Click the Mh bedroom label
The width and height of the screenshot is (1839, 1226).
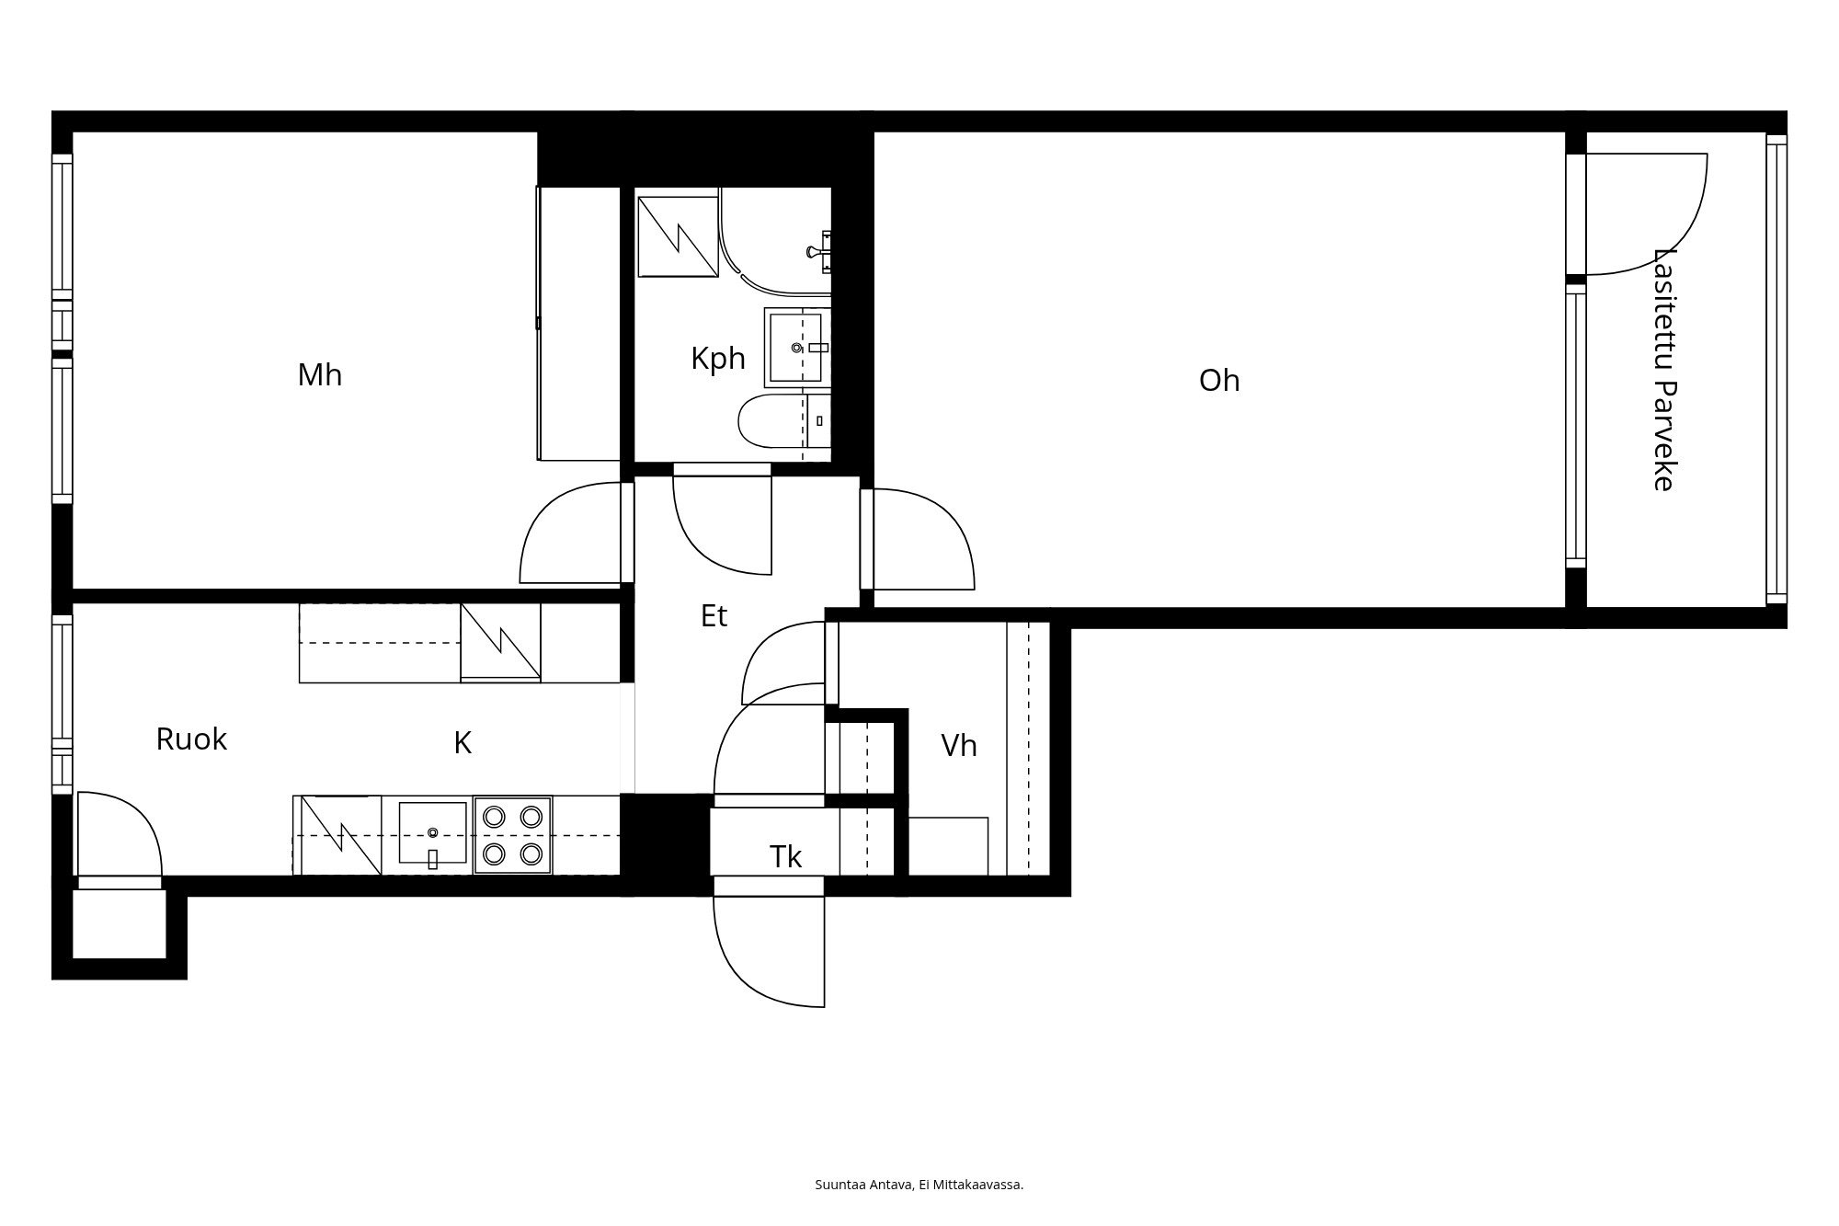point(319,375)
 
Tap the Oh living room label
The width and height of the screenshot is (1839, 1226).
point(1219,381)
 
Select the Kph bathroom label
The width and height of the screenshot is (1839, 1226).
point(717,359)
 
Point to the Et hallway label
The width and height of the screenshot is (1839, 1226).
point(714,616)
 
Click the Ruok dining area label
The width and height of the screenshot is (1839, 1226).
point(191,739)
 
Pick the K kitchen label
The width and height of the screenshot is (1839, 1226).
point(463,743)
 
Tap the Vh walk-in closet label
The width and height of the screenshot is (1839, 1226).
point(958,746)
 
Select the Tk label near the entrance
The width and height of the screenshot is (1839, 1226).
point(785,857)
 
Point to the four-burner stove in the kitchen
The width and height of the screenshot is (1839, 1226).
point(512,835)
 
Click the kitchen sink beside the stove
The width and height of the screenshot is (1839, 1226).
point(432,833)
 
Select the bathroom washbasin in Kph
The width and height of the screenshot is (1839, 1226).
point(796,347)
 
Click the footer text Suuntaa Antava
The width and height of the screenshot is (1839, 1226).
point(919,1185)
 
